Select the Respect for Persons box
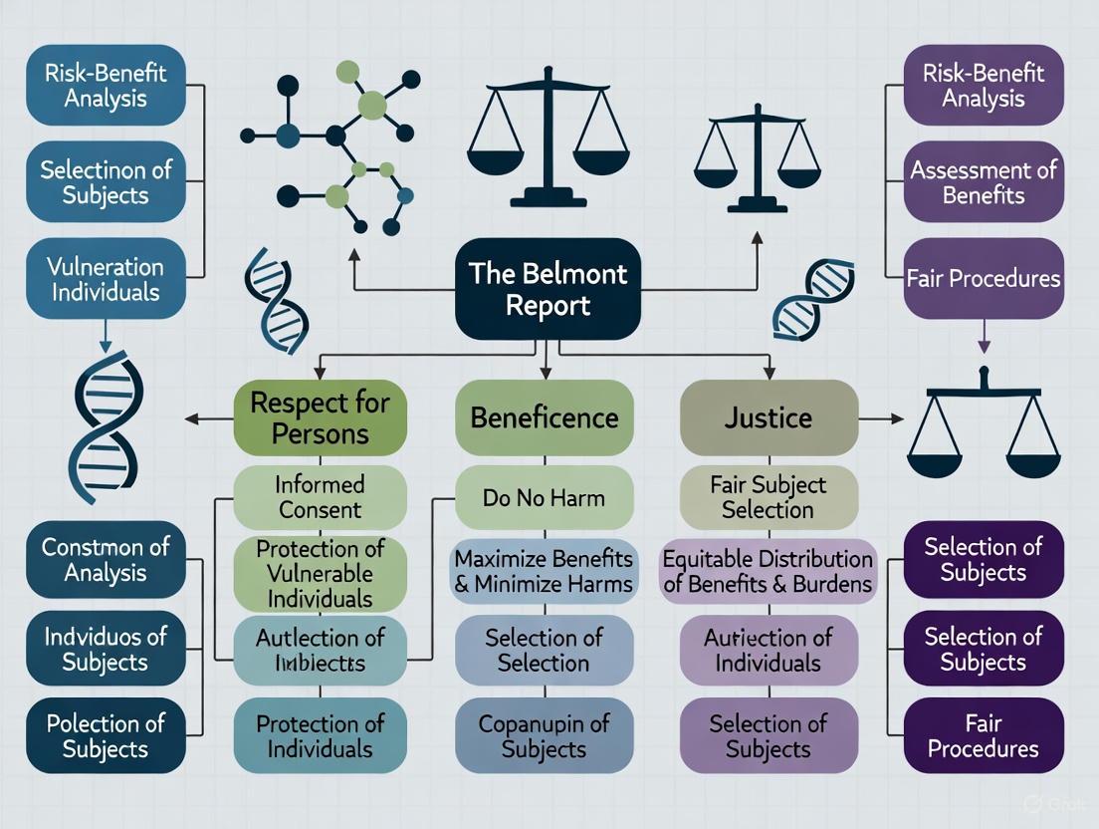click(320, 417)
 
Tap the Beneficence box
click(544, 417)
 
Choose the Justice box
click(768, 417)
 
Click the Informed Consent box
click(320, 497)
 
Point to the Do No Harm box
click(544, 497)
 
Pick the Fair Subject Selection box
click(768, 497)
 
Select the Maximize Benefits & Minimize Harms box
click(544, 571)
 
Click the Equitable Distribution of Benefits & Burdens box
click(768, 571)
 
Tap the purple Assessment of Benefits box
click(983, 182)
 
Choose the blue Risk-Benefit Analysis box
click(106, 86)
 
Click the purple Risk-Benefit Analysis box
click(983, 86)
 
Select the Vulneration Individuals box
click(106, 279)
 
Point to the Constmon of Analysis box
click(106, 559)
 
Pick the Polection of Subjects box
click(106, 736)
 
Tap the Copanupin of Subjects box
click(544, 736)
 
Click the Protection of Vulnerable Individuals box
click(320, 574)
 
